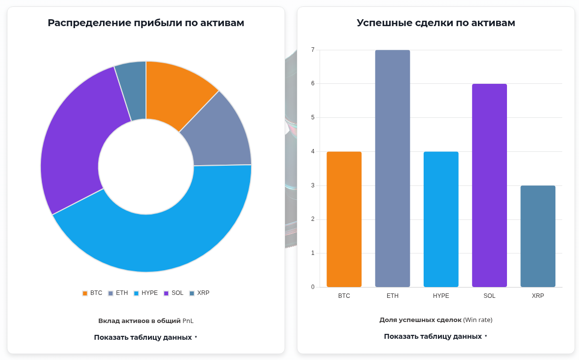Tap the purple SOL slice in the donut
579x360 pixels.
point(74,148)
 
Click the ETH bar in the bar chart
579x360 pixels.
point(393,168)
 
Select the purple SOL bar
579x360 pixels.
point(489,185)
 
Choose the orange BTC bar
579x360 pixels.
point(344,219)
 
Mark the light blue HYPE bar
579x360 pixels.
point(441,219)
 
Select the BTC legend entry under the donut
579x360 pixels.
point(92,293)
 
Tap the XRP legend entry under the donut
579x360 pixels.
point(199,293)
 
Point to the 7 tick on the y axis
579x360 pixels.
point(313,50)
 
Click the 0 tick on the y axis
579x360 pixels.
point(313,287)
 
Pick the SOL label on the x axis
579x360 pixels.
point(489,296)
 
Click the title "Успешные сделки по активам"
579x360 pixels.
point(436,23)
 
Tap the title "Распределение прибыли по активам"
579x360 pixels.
point(146,23)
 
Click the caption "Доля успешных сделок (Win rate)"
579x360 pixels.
point(436,320)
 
